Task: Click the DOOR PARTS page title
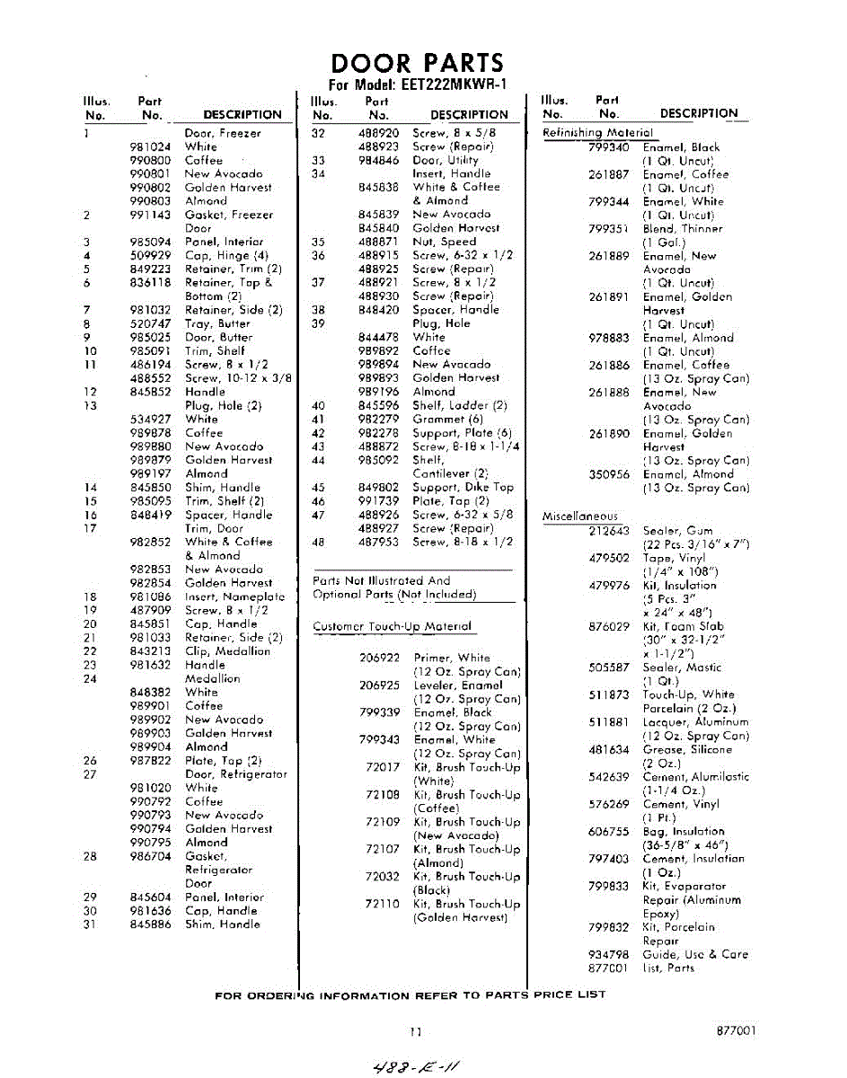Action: tap(418, 63)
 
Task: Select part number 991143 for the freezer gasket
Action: tap(150, 216)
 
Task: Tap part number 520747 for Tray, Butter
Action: tap(150, 324)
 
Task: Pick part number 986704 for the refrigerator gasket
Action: tap(150, 857)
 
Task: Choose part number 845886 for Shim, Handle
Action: tap(150, 924)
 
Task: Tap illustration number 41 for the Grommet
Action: tap(317, 420)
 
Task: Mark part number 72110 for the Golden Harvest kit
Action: tap(382, 905)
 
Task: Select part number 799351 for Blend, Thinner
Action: tap(608, 229)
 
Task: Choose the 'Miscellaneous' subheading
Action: tap(580, 517)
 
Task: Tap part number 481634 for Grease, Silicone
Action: tap(608, 750)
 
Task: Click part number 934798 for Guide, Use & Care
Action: tap(608, 955)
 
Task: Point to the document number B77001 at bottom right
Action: tap(737, 1031)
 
